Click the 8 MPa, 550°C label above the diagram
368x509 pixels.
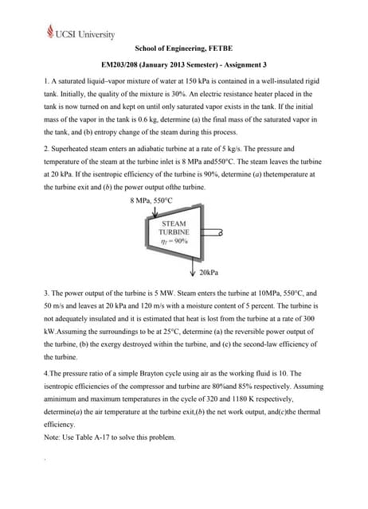(x=151, y=200)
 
